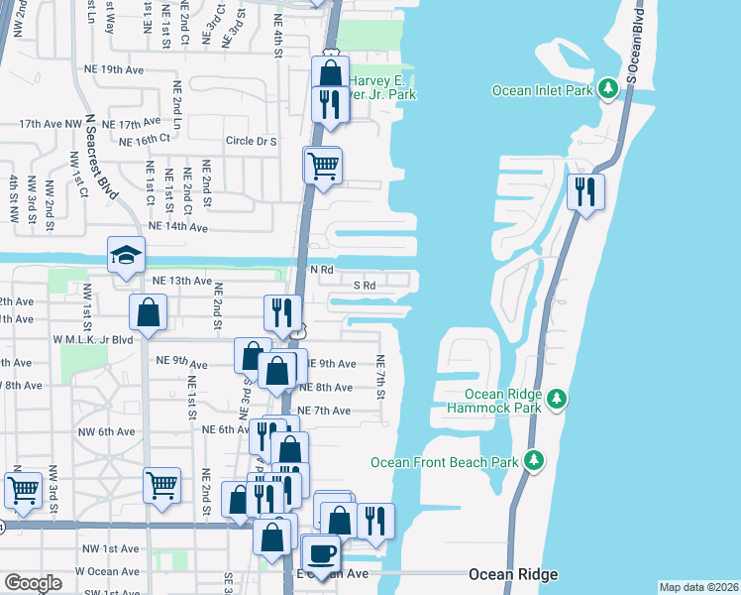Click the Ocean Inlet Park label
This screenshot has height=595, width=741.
pos(543,91)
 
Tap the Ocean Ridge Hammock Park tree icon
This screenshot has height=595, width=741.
pos(557,399)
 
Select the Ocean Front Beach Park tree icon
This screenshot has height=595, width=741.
pos(535,461)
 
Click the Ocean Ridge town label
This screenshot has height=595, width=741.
pos(513,574)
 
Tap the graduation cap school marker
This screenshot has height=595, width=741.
pos(126,256)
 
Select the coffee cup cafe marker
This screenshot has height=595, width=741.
pos(321,553)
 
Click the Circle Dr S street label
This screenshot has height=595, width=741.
pos(251,141)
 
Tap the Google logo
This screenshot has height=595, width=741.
pos(34,583)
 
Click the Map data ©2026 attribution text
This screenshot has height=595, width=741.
pos(699,587)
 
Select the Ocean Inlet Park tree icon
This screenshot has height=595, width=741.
pos(608,91)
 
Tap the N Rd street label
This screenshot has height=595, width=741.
pos(320,270)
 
